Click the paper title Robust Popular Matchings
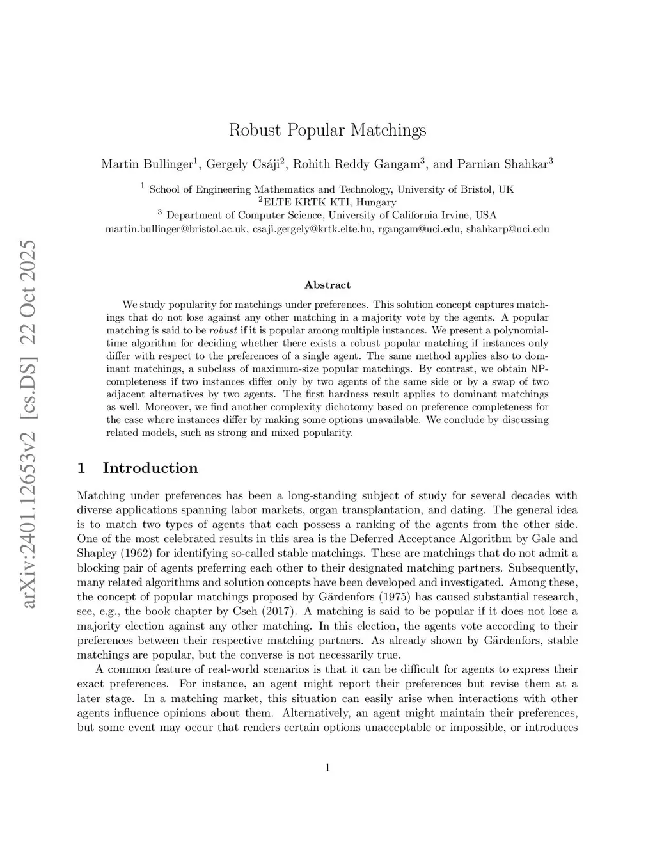(327, 131)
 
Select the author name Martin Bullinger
(146, 164)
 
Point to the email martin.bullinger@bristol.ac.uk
(177, 229)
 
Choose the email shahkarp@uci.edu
(508, 229)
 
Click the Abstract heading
(327, 285)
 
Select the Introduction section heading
(150, 468)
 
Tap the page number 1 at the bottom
(327, 767)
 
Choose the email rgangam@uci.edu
(419, 229)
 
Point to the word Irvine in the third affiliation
(454, 216)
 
